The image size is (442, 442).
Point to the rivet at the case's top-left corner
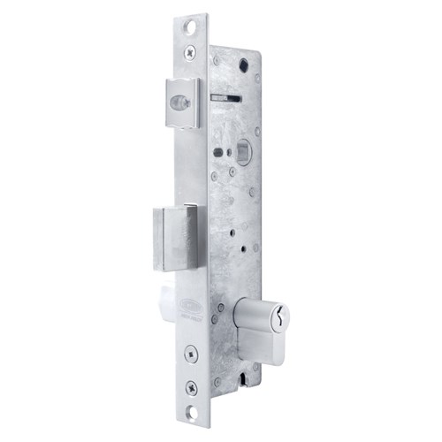(215, 60)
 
